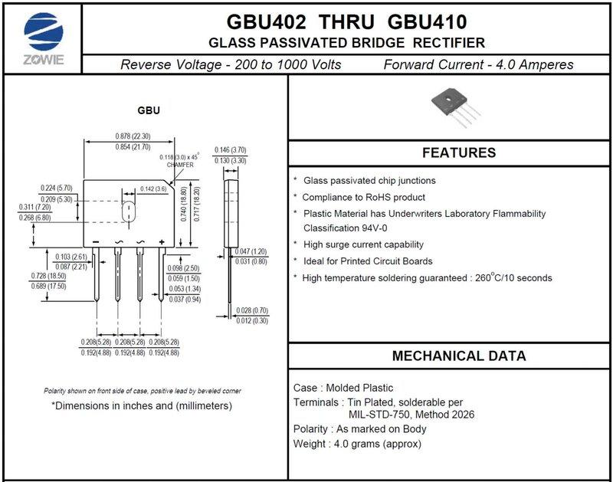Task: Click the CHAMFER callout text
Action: point(179,165)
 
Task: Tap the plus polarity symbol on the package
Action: point(162,241)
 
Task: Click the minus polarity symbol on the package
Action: point(96,241)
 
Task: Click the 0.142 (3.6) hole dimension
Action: point(153,189)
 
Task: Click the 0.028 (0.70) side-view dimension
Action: point(251,310)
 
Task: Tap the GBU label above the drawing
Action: point(149,111)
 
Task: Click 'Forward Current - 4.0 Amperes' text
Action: point(478,64)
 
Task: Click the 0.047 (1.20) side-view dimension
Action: point(251,251)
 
